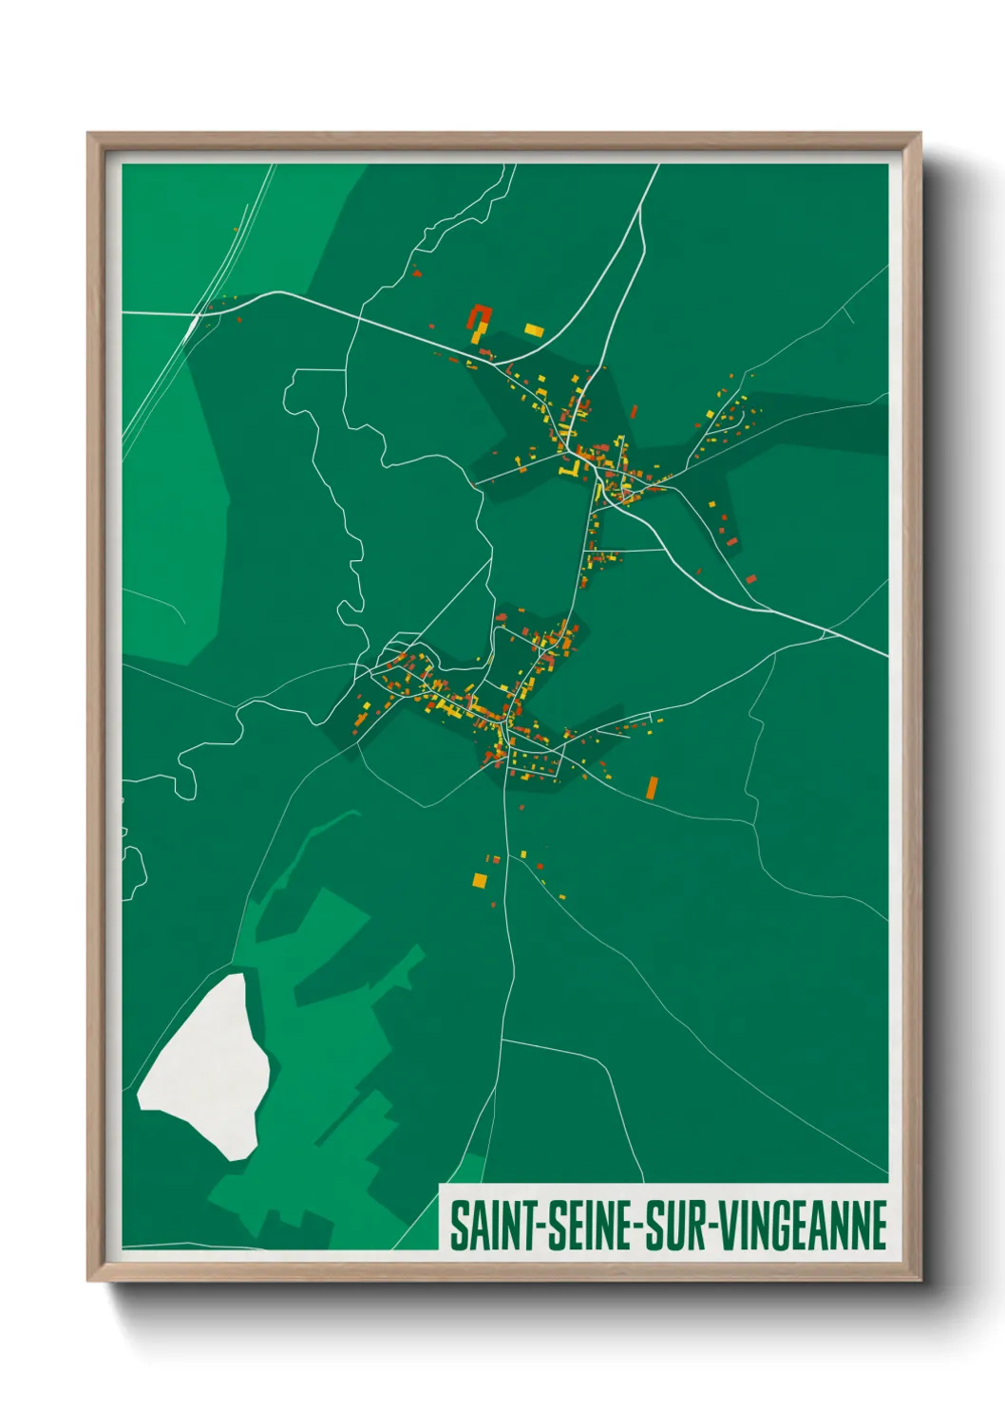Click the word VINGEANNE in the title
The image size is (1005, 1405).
(803, 1226)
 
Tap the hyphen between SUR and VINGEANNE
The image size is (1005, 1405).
(711, 1227)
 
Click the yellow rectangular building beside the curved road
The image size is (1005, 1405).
(534, 330)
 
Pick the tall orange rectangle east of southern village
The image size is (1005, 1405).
(652, 787)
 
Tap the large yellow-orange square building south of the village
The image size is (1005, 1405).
(480, 880)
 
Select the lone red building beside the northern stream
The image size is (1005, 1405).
(416, 272)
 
